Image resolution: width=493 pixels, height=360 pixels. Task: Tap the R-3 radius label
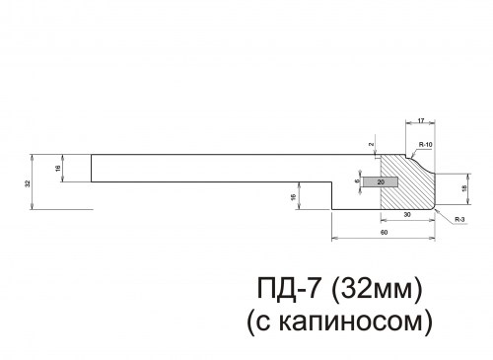click(x=460, y=222)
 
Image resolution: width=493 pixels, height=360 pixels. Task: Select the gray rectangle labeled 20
click(x=381, y=181)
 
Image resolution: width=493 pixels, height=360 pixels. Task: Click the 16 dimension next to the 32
click(x=60, y=168)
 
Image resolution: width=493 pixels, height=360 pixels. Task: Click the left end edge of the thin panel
click(x=93, y=168)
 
